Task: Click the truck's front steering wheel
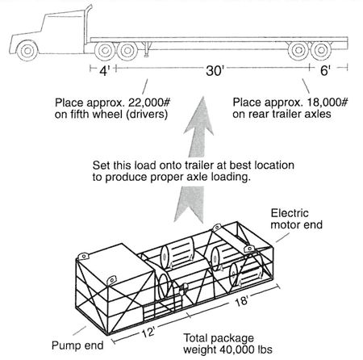point(27,50)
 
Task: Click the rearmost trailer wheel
point(321,50)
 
